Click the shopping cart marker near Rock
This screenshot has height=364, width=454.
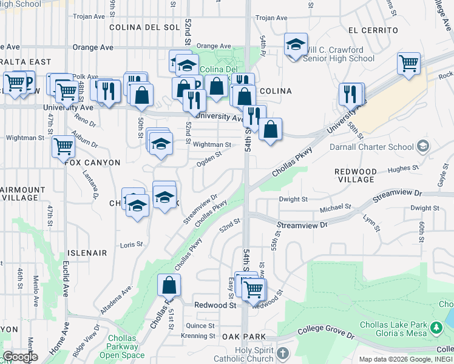click(x=409, y=62)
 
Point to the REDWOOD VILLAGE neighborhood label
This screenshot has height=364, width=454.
click(x=356, y=175)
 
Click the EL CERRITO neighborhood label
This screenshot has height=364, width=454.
click(x=373, y=30)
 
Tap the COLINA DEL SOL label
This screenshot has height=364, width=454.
click(x=144, y=27)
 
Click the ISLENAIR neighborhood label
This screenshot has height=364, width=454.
click(x=89, y=253)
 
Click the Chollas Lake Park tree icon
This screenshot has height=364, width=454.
click(x=435, y=328)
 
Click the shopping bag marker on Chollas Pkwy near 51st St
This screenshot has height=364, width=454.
click(x=169, y=285)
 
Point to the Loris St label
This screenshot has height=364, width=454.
click(x=131, y=244)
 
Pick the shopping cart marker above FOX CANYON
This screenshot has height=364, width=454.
click(x=63, y=146)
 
